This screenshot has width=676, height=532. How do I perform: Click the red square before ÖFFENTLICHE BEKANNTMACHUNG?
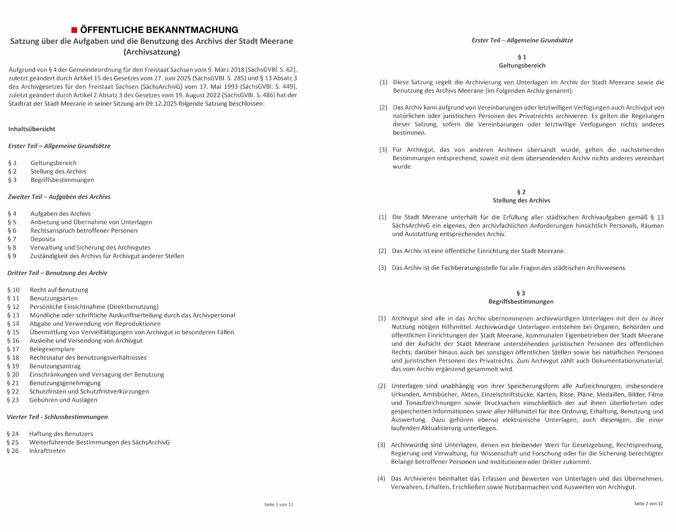coord(74,30)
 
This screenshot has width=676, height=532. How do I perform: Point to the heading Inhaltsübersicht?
coord(32,129)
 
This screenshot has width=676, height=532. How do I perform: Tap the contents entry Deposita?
coord(42,239)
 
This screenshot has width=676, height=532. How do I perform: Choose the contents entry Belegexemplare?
coord(52,349)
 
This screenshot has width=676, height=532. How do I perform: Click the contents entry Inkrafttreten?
coord(47,451)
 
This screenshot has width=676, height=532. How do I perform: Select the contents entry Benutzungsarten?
coord(54,298)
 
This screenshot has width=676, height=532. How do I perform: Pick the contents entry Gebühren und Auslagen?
coord(63,400)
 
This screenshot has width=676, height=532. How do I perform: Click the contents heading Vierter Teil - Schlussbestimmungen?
coord(57,417)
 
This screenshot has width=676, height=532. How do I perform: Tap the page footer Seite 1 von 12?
coord(279,505)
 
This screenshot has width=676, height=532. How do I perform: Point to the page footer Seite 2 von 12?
coord(648,504)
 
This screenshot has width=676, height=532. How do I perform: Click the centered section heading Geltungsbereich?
coord(522,65)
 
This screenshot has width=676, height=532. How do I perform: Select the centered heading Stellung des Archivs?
coord(521,200)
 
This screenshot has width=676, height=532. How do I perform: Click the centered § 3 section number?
coord(521,293)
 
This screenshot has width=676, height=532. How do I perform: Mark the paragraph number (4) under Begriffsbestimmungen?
coord(381,478)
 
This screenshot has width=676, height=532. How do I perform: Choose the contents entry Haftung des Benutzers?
coord(61,434)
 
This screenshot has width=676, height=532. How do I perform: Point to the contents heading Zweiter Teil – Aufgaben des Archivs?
coord(59,197)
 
